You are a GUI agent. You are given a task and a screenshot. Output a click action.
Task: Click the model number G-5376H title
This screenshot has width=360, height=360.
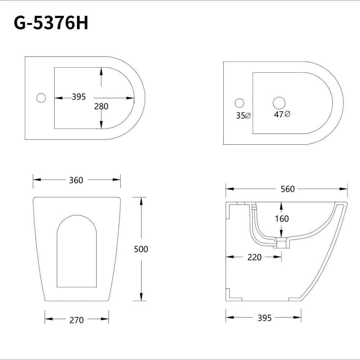51,23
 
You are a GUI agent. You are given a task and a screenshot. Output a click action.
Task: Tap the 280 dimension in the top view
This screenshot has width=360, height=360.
101,106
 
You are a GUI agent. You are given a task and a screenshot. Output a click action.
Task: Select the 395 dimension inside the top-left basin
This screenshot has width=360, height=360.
78,97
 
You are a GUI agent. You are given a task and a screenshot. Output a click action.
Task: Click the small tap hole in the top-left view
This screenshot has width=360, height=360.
41,98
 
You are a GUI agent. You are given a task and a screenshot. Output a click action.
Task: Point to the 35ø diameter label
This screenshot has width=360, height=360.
243,116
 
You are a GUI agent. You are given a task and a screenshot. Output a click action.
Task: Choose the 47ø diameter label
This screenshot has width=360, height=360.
282,114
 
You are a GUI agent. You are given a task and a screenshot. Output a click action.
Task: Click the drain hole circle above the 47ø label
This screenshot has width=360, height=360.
279,103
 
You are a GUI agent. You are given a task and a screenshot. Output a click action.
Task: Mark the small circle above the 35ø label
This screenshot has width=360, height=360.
239,103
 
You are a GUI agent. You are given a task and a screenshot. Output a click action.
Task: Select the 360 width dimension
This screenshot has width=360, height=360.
76,180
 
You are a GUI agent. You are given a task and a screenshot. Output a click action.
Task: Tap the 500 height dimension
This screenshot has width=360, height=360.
141,249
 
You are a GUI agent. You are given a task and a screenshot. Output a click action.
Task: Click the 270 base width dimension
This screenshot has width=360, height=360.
76,320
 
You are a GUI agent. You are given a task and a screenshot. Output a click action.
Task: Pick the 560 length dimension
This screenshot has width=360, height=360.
288,189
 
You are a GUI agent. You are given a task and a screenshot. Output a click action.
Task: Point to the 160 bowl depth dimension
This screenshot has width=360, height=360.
282,219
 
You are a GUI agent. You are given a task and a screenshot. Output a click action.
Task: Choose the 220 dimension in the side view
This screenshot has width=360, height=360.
255,257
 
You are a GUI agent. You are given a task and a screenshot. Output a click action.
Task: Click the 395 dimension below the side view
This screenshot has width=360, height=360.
265,318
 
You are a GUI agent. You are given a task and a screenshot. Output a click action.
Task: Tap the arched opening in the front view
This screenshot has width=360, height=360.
77,252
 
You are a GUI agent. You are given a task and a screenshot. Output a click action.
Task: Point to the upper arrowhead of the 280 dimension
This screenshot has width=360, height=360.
101,71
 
